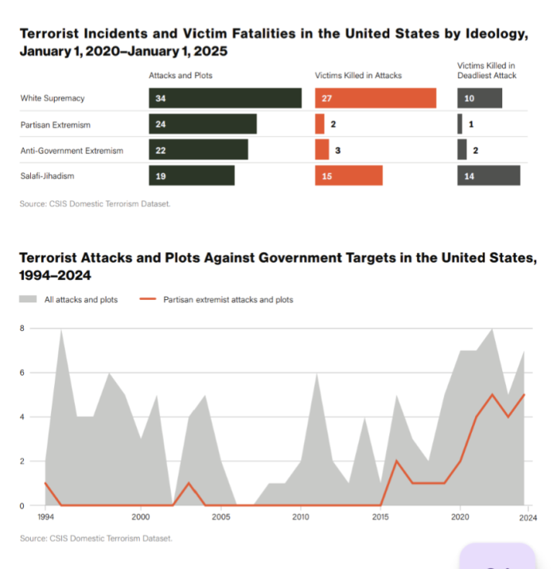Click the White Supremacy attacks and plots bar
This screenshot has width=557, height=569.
coord(224,98)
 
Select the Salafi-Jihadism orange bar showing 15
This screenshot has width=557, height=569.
coord(349,175)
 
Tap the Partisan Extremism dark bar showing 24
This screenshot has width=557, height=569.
coord(202,124)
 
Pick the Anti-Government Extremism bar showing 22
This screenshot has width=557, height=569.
coord(197,150)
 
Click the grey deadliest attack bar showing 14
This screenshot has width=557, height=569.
coord(488,175)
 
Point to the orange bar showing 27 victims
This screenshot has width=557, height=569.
coord(376,98)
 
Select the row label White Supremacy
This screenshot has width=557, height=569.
coord(52,99)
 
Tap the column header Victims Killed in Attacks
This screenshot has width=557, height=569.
coord(358,76)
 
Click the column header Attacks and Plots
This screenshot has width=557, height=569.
coord(181,76)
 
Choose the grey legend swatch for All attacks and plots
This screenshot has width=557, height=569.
coord(28,300)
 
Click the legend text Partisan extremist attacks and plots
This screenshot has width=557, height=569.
coord(228,300)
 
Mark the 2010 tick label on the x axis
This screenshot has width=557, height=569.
coord(301,517)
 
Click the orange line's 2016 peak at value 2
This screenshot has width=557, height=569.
coord(397,461)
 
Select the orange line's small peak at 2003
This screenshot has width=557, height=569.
coord(189,483)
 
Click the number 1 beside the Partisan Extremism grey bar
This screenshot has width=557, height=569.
coord(472,124)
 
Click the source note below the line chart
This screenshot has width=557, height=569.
coord(95,539)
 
